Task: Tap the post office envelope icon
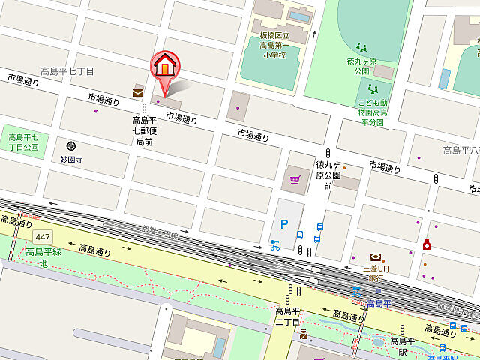click(138, 92)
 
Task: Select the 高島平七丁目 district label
click(67, 71)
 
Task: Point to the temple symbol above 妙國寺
click(71, 145)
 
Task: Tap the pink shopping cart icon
click(295, 180)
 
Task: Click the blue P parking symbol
click(283, 223)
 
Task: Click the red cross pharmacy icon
click(427, 244)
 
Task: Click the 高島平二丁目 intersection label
click(288, 316)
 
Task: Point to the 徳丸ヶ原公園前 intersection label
click(328, 175)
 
